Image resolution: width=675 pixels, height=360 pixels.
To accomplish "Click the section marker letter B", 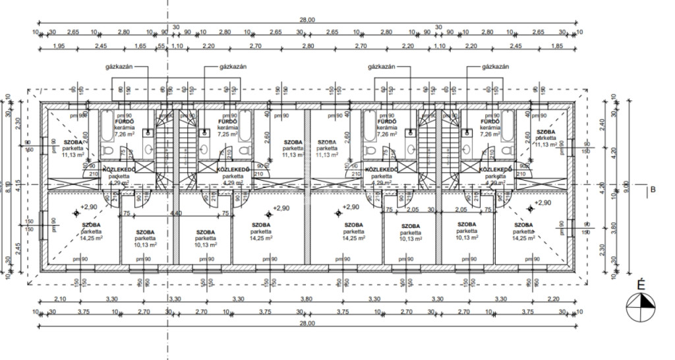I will tap(653, 191).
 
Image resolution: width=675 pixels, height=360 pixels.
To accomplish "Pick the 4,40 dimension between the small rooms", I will tap(176, 213).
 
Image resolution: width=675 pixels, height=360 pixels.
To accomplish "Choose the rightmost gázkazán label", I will tap(495, 67).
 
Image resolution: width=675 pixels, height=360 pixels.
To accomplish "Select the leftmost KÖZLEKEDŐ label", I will tap(119, 169).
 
